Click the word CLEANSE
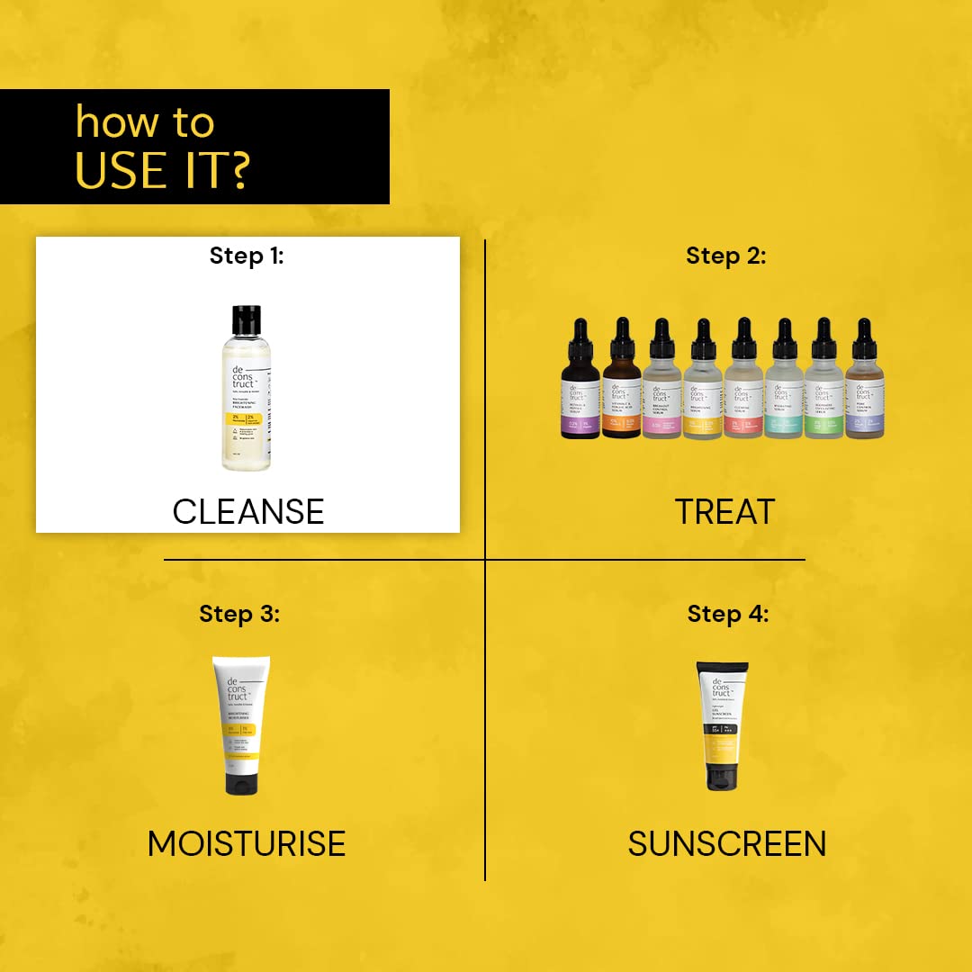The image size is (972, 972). [x=247, y=511]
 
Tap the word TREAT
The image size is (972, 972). [x=724, y=511]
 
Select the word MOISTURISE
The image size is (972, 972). [x=247, y=843]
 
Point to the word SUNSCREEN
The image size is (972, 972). [x=727, y=843]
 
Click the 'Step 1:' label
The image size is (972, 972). [x=247, y=256]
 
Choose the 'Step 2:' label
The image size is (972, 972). [x=726, y=256]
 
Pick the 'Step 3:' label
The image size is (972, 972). [x=239, y=614]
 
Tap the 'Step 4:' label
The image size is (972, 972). [x=728, y=614]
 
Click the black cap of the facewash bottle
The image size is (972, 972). [x=245, y=319]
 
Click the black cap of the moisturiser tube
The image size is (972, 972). [x=241, y=782]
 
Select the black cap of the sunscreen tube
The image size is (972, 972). [x=722, y=777]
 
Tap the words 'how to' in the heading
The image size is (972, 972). [x=145, y=122]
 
